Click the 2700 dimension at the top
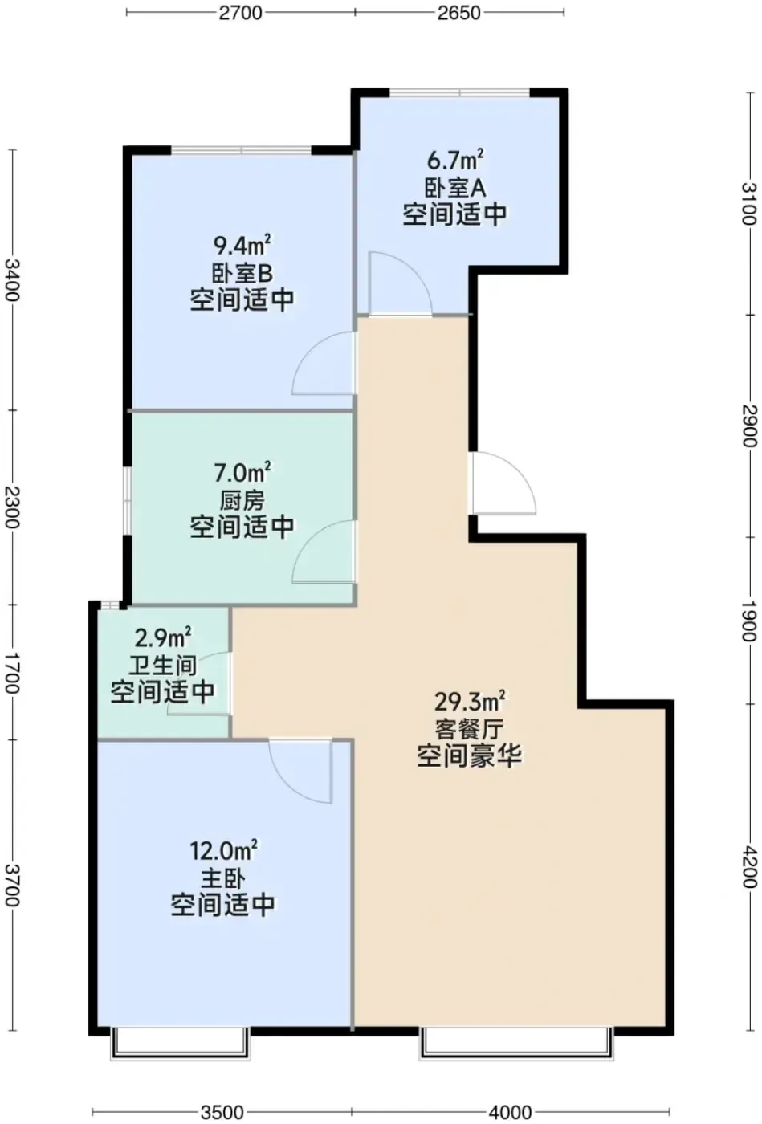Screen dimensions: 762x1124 click(x=240, y=13)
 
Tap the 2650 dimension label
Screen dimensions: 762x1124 click(x=458, y=13)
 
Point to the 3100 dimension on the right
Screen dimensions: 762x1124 click(x=750, y=204)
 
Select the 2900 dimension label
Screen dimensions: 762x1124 click(x=750, y=426)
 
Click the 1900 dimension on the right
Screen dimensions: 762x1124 click(x=750, y=620)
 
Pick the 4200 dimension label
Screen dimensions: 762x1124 click(x=750, y=866)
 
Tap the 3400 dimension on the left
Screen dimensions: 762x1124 click(x=12, y=280)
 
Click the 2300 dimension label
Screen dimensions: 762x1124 click(x=12, y=507)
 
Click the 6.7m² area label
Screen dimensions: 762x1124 click(x=455, y=161)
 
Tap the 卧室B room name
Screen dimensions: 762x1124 click(x=242, y=274)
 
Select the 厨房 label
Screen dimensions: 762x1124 click(x=242, y=500)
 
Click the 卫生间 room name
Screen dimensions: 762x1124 click(x=163, y=666)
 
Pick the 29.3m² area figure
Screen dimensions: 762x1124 click(x=470, y=702)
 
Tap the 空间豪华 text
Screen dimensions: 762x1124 click(x=470, y=755)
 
